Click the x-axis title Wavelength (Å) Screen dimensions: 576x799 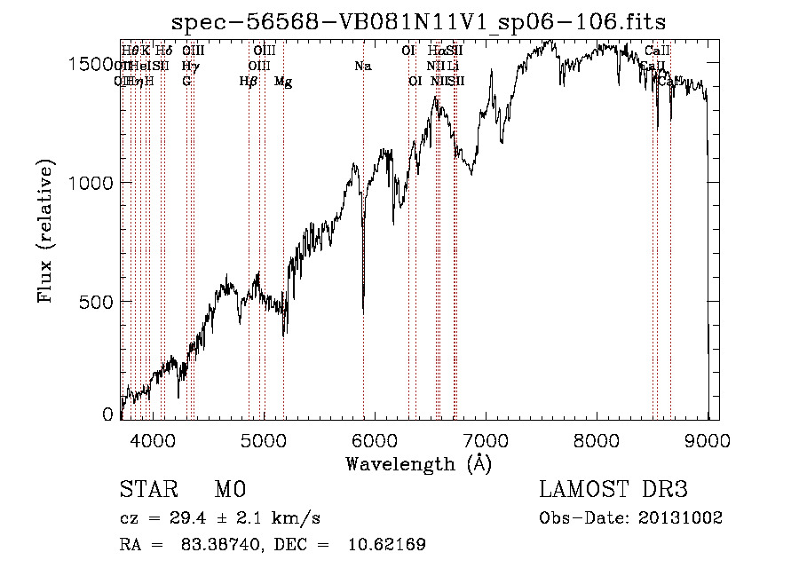[x=418, y=463]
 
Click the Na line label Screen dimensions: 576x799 [x=362, y=66]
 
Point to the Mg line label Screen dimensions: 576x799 [x=283, y=82]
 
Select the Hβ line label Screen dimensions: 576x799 [x=249, y=82]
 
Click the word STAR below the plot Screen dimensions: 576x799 [x=146, y=490]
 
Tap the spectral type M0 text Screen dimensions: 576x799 [x=229, y=490]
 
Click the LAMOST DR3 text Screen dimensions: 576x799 [x=613, y=490]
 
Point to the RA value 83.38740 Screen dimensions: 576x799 [x=225, y=545]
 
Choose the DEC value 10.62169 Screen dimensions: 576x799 [x=386, y=545]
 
